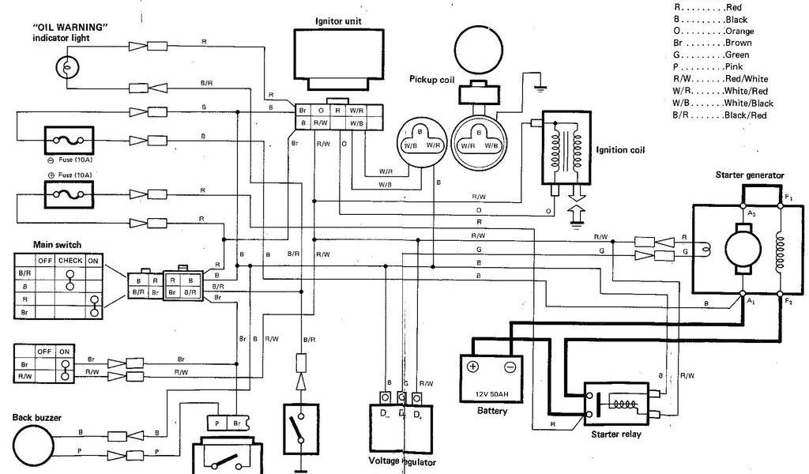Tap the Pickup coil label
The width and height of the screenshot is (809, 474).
431,79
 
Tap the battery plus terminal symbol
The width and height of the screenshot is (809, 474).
473,367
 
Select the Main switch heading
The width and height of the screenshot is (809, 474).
57,245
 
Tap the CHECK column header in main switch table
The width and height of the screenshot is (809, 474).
70,260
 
